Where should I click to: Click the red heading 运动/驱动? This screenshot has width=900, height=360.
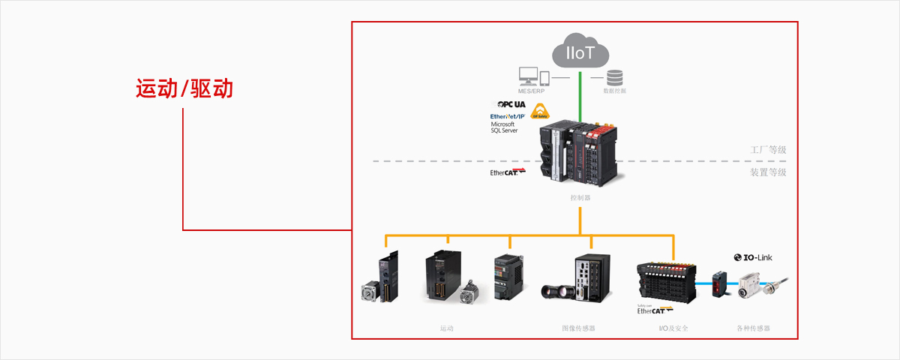184,88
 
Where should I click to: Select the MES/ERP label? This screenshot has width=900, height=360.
534,91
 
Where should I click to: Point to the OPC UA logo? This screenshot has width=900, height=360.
509,104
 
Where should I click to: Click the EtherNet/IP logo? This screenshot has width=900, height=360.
507,117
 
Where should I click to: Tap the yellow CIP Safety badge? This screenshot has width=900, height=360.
540,112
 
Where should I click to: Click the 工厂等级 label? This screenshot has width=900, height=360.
768,150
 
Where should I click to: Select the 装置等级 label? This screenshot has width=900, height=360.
768,172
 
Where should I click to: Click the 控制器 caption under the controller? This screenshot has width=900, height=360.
580,198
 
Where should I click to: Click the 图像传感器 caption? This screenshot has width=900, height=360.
578,328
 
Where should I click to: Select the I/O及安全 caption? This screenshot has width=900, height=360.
673,328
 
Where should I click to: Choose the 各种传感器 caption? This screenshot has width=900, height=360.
754,328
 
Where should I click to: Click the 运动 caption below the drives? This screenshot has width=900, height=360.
447,328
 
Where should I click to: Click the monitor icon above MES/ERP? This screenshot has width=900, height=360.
528,76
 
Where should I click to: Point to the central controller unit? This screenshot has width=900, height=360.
579,154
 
